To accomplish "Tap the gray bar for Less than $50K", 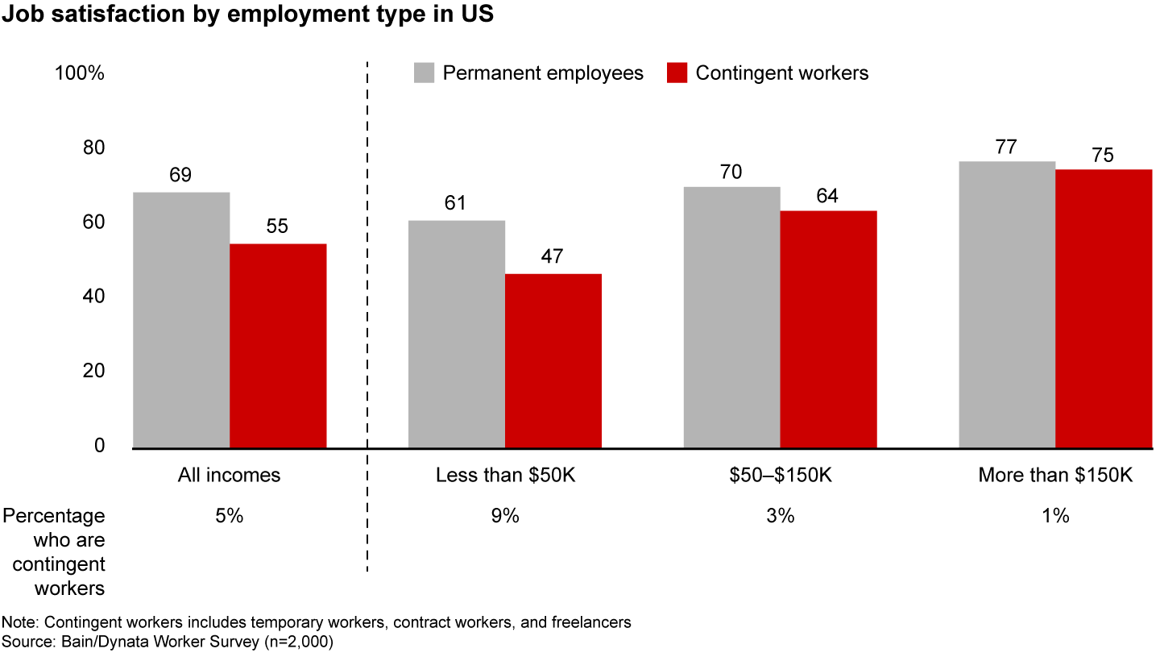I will [x=457, y=334].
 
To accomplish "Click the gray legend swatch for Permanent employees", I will [x=425, y=73].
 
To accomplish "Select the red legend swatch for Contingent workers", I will [x=677, y=73].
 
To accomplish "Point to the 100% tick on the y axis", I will [x=79, y=73].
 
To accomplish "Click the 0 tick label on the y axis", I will [x=99, y=446].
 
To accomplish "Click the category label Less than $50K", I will [x=505, y=475].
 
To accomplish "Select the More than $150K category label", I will [x=1055, y=475].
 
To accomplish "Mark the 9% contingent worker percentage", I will [x=505, y=516].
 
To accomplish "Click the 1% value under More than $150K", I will [x=1055, y=516].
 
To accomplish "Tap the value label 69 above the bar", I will [x=180, y=176].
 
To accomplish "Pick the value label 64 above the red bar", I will [x=827, y=195].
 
